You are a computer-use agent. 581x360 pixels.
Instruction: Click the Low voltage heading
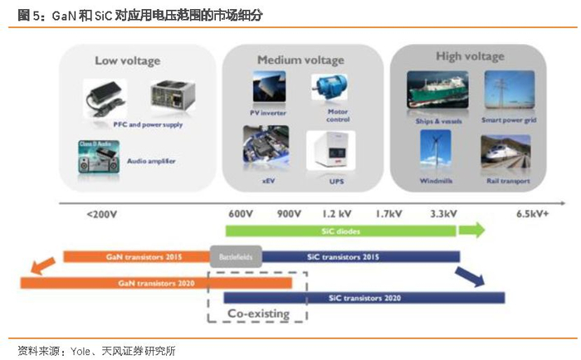click(x=127, y=61)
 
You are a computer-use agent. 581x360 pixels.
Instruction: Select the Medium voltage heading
click(x=300, y=60)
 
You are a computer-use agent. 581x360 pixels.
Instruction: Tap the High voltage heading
click(x=469, y=56)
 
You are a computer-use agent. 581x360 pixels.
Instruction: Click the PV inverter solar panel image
click(x=266, y=89)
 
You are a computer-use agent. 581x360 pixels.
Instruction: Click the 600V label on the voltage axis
click(x=240, y=214)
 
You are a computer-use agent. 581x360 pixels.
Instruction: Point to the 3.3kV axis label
click(x=442, y=214)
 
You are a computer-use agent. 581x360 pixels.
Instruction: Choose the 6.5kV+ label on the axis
click(x=532, y=214)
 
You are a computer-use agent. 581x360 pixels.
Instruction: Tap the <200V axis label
click(x=101, y=214)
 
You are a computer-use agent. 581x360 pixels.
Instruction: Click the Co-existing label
click(x=258, y=314)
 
